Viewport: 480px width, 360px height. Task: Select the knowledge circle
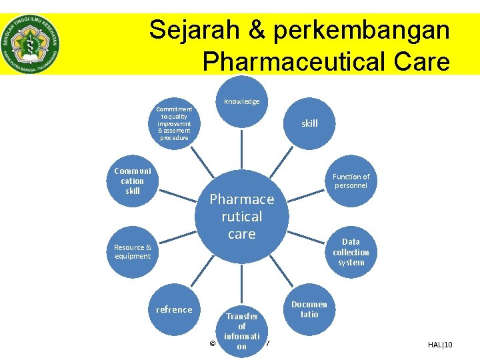pos(241,101)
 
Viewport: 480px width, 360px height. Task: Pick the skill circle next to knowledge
pos(309,123)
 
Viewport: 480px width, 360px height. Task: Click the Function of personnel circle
pos(351,181)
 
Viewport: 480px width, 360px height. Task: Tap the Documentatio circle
pos(309,309)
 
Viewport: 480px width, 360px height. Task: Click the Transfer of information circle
pos(241,329)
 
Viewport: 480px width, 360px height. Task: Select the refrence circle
pos(174,309)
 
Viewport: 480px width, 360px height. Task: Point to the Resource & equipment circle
pos(133,251)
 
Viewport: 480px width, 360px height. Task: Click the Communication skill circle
pos(133,181)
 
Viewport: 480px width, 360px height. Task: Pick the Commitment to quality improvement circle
pos(174,123)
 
